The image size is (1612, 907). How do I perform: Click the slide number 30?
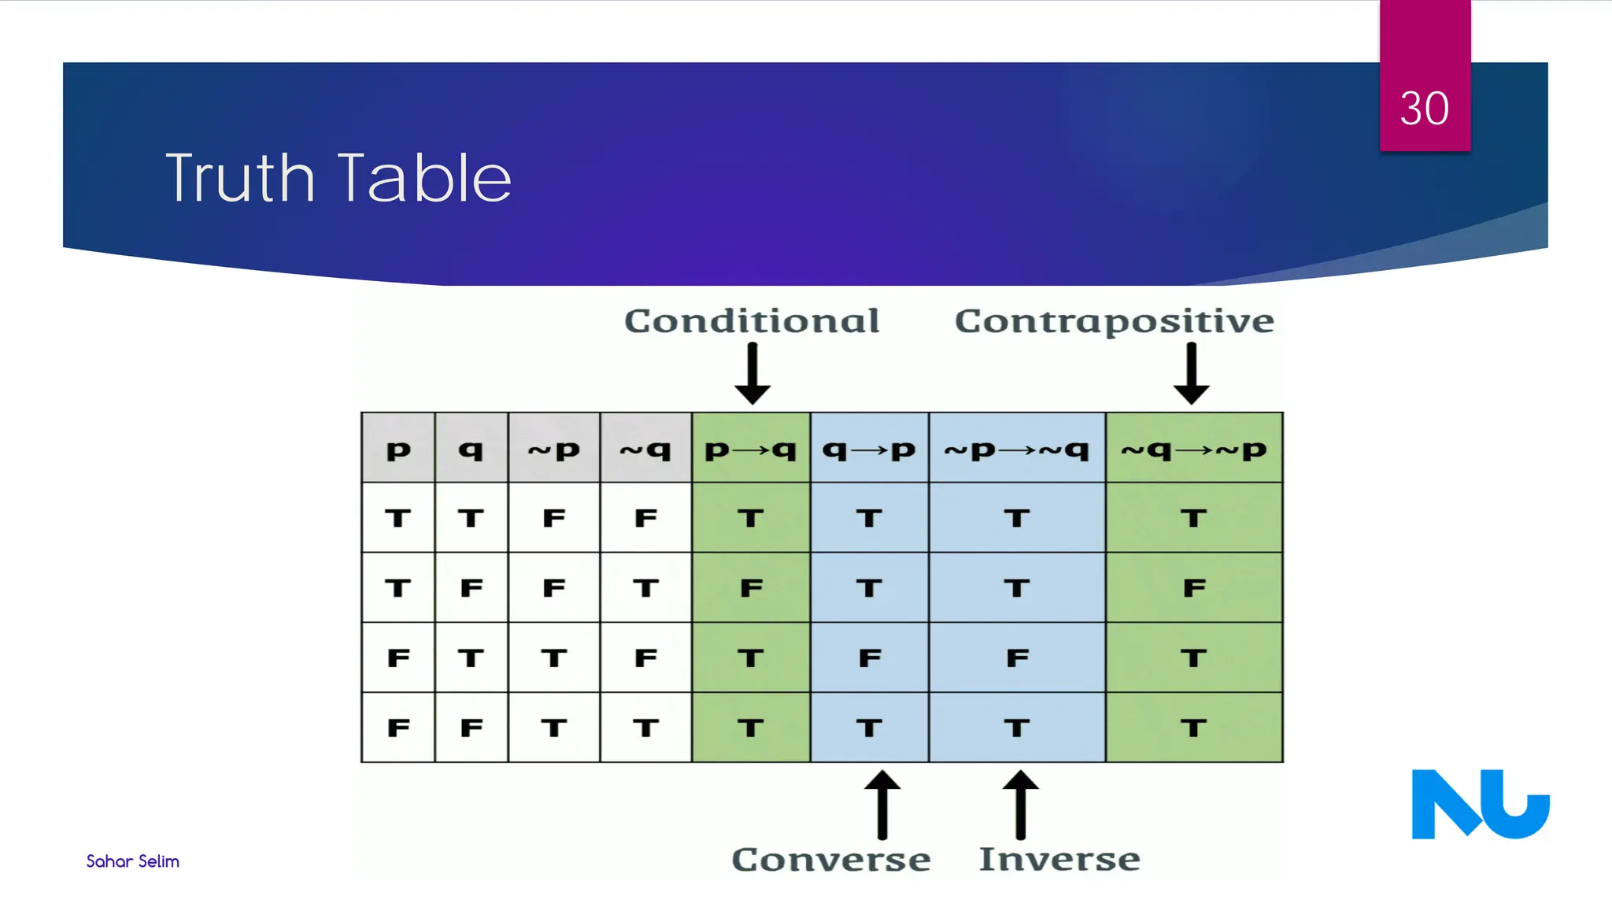coord(1424,108)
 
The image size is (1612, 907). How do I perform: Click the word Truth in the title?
coord(240,179)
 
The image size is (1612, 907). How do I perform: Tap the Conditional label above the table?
coord(752,321)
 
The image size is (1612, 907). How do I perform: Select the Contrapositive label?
coord(1114,321)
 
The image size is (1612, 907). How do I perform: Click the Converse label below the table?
coord(830,859)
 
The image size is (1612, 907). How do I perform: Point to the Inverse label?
coord(1059,859)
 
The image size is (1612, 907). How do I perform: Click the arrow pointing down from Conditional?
coord(752,374)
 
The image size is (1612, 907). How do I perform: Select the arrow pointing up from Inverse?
coord(1020,805)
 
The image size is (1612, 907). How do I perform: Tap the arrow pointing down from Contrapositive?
coord(1191,374)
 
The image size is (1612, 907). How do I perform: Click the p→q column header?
coord(750,450)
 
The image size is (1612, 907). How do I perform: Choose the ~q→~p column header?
coord(1193,450)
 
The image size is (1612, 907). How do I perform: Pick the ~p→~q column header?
coord(1016,450)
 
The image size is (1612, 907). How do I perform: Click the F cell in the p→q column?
coord(751,588)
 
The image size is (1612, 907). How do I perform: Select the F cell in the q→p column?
coord(869,657)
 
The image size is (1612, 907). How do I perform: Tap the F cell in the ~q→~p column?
coord(1193,588)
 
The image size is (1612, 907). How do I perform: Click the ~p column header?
coord(553,450)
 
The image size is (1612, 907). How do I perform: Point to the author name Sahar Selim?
coord(132,861)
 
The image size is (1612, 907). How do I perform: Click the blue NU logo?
coord(1480,804)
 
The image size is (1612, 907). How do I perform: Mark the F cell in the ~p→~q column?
coord(1017,657)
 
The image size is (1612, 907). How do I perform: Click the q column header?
coord(471,450)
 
